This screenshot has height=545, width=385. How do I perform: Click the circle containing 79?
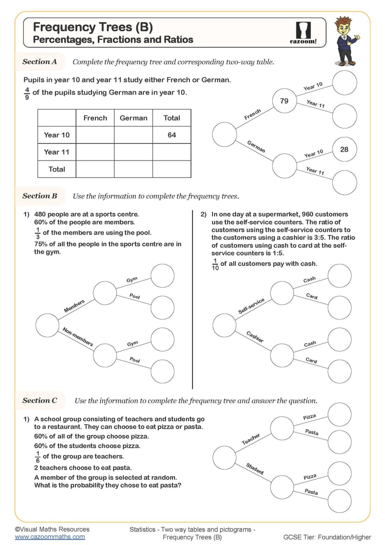284,101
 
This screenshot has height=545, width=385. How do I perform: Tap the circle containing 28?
344,150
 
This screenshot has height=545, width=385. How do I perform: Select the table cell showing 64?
171,135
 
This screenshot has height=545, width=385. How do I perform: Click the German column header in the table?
133,118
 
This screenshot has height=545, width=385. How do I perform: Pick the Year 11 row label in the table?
57,152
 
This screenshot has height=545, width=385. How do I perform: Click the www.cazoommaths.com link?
50,536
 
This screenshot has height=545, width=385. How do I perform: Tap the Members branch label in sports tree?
74,306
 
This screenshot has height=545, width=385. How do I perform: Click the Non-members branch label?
78,337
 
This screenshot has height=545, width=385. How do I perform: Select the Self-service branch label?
251,306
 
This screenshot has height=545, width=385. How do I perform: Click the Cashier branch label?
255,337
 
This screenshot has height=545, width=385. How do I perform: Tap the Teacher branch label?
251,440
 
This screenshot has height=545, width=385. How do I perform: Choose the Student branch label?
255,469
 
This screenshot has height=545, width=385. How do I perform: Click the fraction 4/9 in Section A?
27,93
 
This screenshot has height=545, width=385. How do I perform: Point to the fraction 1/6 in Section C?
38,457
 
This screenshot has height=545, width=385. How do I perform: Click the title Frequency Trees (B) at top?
93,27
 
